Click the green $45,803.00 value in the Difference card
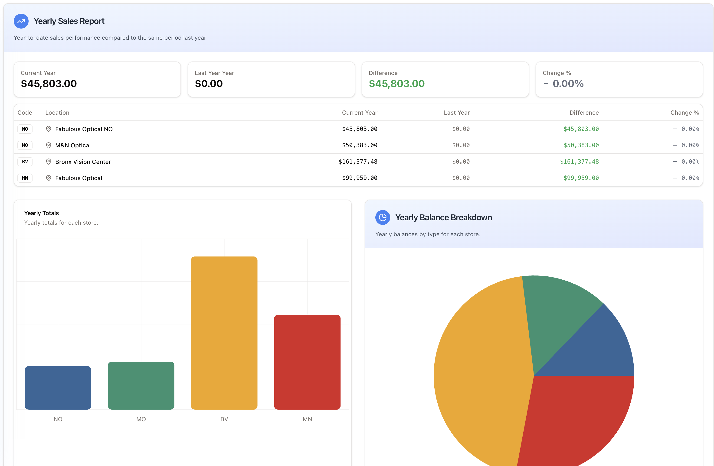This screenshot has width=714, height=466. pyautogui.click(x=396, y=84)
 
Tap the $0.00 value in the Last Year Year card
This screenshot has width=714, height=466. pyautogui.click(x=209, y=84)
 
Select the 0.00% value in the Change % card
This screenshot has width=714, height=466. pyautogui.click(x=568, y=84)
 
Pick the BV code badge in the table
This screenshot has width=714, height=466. pyautogui.click(x=25, y=162)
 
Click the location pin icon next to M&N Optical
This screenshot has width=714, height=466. pyautogui.click(x=48, y=145)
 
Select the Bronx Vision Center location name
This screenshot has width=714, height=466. pyautogui.click(x=83, y=162)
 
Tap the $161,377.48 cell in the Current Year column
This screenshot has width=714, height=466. pyautogui.click(x=358, y=162)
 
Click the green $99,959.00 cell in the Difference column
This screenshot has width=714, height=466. pyautogui.click(x=581, y=178)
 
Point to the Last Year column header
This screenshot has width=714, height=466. pyautogui.click(x=457, y=113)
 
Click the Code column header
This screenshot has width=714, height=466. pyautogui.click(x=25, y=113)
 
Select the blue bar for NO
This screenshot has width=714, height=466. pyautogui.click(x=58, y=388)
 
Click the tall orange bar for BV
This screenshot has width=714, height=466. pyautogui.click(x=224, y=333)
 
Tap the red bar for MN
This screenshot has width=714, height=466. pyautogui.click(x=307, y=362)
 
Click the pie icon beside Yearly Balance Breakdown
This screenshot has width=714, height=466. pyautogui.click(x=383, y=217)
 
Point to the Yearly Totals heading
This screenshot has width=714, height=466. pyautogui.click(x=41, y=213)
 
